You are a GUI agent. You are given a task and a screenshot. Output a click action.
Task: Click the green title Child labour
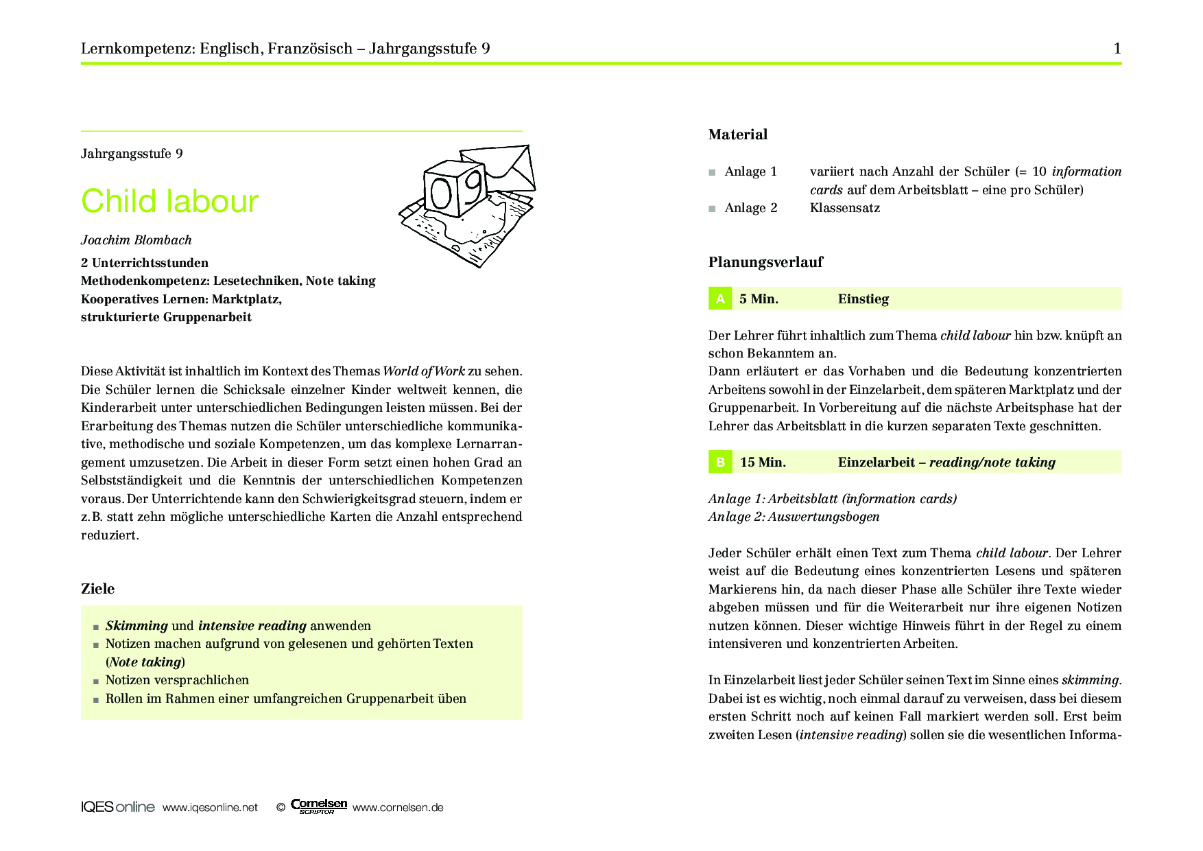[x=169, y=202]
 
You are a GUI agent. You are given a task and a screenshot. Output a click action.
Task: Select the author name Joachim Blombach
[x=136, y=240]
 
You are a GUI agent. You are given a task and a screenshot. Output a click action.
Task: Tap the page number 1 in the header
[x=1117, y=48]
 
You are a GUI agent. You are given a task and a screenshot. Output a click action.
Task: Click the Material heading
[x=738, y=135]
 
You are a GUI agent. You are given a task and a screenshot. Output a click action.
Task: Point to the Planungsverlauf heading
[x=765, y=262]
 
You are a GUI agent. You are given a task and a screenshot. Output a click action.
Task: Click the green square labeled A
[x=720, y=299]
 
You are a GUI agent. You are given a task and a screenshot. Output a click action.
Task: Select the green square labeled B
[x=720, y=462]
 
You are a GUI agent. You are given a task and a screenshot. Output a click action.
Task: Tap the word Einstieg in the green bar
[x=863, y=299]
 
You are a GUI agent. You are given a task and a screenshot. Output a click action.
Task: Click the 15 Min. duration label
[x=763, y=463]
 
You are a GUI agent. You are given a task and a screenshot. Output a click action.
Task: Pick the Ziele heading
[x=98, y=589]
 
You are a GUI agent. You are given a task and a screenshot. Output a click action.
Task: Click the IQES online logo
[x=117, y=807]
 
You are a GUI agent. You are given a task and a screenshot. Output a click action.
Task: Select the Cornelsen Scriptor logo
[x=319, y=806]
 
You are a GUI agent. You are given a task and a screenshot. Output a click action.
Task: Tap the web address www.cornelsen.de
[x=398, y=808]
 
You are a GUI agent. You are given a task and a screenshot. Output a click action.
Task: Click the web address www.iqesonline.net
[x=210, y=808]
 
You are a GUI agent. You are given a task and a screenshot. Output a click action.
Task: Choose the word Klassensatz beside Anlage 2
[x=844, y=208]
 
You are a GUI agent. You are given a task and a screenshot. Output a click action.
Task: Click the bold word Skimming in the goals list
[x=136, y=626]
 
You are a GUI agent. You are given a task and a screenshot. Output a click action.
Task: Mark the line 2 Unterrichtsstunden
[x=145, y=263]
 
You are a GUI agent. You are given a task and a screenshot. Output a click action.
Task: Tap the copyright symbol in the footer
[x=281, y=808]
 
